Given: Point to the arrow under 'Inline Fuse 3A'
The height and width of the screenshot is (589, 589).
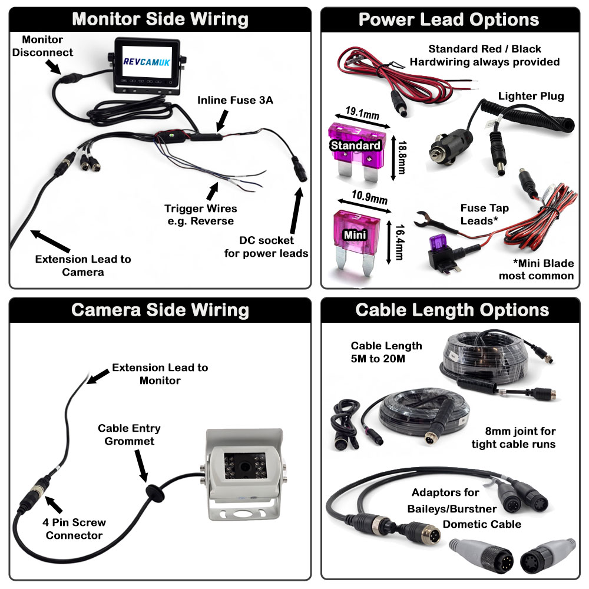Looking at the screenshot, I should tap(222, 121).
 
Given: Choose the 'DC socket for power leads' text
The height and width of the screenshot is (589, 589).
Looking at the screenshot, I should tap(266, 247).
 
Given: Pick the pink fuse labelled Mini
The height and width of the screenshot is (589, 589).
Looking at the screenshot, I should tap(356, 235).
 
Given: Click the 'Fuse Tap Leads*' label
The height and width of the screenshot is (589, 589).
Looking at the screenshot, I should tap(485, 214).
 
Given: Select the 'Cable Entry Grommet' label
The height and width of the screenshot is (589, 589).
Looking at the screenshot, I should tap(129, 435).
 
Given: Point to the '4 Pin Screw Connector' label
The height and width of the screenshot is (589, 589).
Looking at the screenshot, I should tap(74, 529).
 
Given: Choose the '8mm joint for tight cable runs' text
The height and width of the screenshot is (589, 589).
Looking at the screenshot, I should tap(513, 438).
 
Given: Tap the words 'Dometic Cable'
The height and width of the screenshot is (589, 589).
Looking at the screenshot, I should tap(482, 524).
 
